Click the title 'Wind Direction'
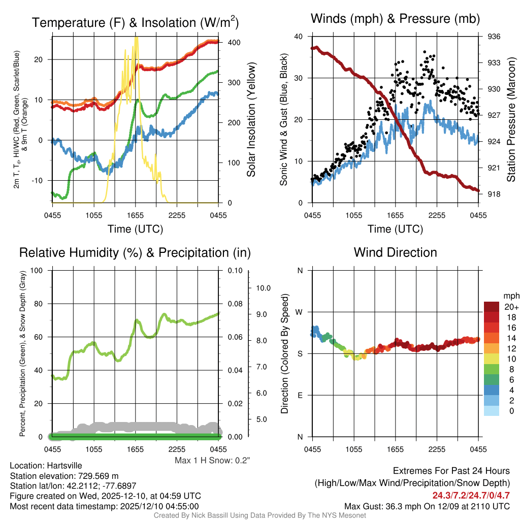coord(395,252)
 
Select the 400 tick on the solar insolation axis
coord(234,43)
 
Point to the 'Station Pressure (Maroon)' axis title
coord(511,120)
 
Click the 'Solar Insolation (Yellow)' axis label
coord(251,120)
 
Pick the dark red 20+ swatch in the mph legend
coord(492,307)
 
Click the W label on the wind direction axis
coord(300,312)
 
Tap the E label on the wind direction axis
coord(300,395)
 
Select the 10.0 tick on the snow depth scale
coord(263,288)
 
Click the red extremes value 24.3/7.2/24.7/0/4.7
coord(471,495)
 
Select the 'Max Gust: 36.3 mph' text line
coord(427,506)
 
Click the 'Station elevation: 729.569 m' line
coord(64,476)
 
